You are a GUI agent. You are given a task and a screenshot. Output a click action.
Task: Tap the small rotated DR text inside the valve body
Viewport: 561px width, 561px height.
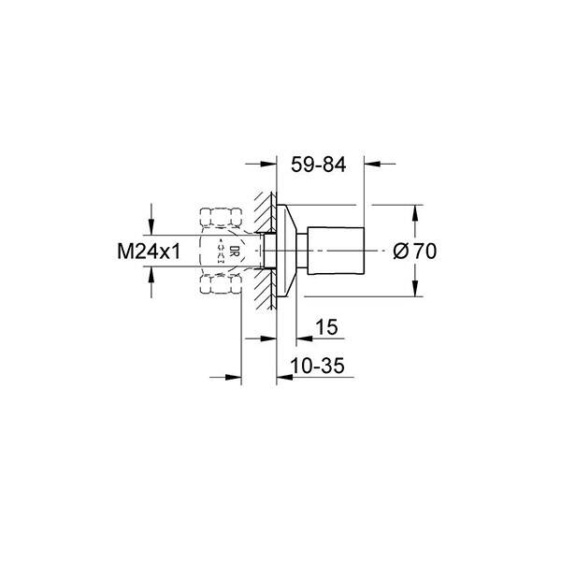tap(222, 251)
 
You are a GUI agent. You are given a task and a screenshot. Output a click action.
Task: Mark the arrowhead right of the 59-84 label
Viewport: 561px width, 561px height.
tap(372, 165)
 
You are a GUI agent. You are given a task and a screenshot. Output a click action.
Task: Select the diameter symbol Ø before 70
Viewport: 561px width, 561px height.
tap(400, 251)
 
